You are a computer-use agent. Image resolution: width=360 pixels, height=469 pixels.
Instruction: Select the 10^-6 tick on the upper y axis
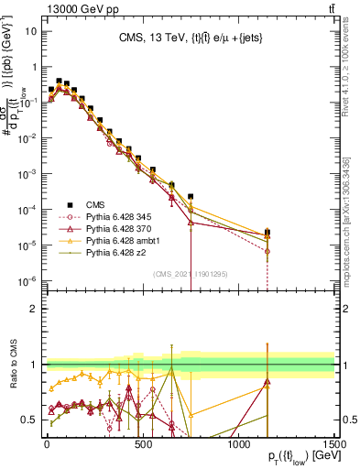[27, 280]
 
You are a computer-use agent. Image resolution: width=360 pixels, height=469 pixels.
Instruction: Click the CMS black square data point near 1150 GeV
[267, 233]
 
